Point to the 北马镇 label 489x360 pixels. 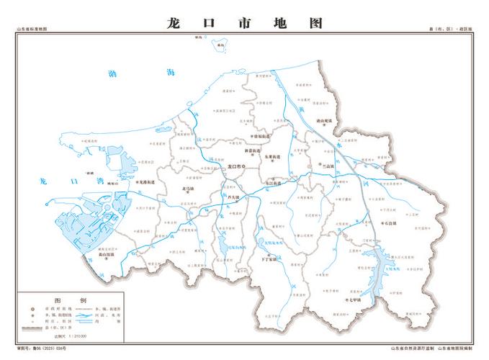click(189, 189)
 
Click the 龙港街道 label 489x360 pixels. click(149, 183)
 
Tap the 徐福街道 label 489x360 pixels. click(261, 135)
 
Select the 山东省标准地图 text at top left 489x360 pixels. click(32, 29)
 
